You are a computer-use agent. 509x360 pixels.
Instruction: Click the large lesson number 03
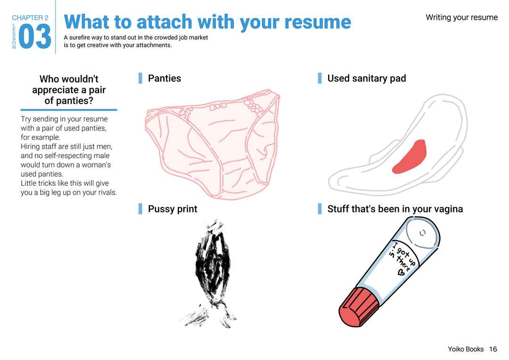(35, 37)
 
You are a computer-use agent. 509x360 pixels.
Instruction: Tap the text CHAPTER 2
(30, 17)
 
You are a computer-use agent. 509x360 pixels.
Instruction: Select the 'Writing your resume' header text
(461, 17)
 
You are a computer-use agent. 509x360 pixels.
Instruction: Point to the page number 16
(493, 349)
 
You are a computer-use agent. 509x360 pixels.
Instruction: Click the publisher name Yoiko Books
(466, 349)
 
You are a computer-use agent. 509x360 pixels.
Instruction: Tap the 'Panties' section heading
(164, 78)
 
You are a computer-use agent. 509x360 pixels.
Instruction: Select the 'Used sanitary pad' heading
(367, 79)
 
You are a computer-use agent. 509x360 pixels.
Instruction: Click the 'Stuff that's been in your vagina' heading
(395, 209)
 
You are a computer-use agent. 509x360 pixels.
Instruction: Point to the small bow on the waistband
(218, 106)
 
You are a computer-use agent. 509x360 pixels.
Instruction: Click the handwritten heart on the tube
(401, 272)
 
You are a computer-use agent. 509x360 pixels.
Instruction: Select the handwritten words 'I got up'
(405, 253)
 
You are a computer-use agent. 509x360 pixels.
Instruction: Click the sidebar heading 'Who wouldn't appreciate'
(69, 84)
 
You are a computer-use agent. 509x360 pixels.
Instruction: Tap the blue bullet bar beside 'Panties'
(140, 78)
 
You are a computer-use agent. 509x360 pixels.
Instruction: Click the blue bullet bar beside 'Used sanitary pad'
(320, 78)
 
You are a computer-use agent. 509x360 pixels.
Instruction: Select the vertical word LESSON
(14, 36)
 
